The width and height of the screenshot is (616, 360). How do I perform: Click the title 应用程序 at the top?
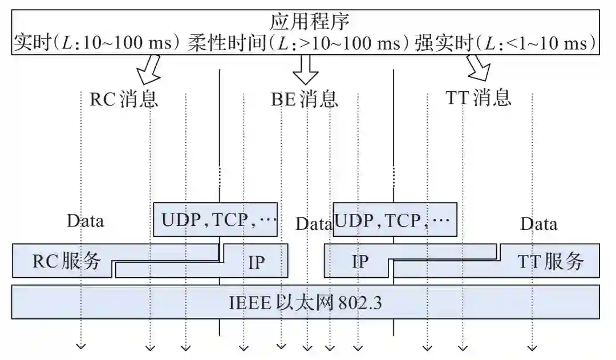(x=309, y=22)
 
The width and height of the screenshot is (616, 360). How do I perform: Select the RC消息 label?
(x=124, y=99)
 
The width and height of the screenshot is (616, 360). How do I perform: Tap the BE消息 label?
(x=304, y=99)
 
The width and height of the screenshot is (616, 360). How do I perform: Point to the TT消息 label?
(x=477, y=98)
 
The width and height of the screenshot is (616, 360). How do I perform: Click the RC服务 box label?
(x=66, y=261)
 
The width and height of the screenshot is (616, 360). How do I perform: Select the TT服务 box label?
(x=550, y=261)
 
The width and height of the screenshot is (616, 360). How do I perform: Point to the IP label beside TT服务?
(x=360, y=262)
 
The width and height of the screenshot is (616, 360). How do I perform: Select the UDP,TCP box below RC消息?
(x=216, y=219)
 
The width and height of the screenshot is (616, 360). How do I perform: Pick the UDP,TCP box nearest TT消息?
(x=394, y=219)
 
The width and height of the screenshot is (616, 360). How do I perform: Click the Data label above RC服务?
(x=86, y=221)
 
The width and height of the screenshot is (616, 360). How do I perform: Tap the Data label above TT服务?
(x=538, y=224)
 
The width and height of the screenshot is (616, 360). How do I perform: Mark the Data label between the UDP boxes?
(x=313, y=224)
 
